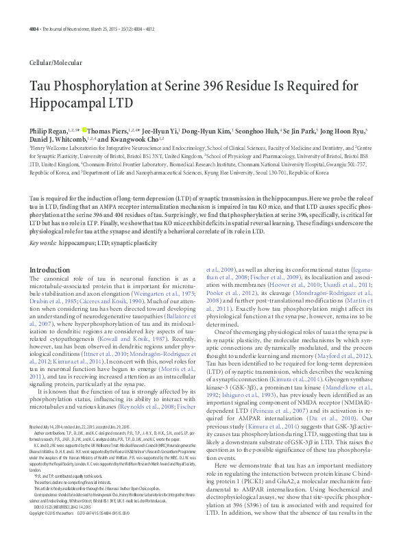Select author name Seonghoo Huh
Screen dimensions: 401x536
click(x=265, y=130)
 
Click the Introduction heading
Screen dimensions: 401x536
click(x=50, y=270)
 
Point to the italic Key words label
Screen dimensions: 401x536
click(x=42, y=243)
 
